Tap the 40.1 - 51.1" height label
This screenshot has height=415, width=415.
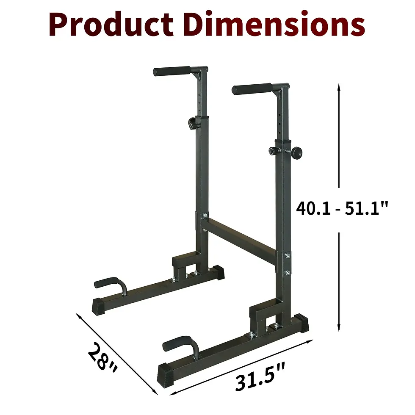[342, 209]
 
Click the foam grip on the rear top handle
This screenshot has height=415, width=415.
[172, 71]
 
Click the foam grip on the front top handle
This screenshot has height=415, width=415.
[252, 89]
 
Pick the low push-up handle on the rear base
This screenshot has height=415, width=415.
[111, 284]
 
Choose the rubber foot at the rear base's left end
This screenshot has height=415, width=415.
[100, 304]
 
